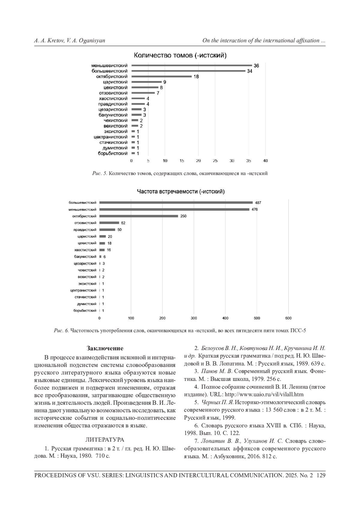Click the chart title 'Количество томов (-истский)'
[180, 55]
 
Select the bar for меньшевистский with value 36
[192, 65]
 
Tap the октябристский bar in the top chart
[161, 76]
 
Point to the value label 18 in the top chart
[196, 76]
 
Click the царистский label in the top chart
[115, 82]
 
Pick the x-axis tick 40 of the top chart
[265, 161]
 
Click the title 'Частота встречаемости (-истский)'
[181, 192]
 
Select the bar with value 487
[176, 202]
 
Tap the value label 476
[254, 209]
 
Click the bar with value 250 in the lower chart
[139, 216]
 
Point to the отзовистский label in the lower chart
[85, 223]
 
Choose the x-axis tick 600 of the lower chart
[288, 318]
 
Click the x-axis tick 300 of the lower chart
[194, 318]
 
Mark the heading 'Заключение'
[105, 348]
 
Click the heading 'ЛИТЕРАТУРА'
[105, 440]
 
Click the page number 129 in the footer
[321, 475]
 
